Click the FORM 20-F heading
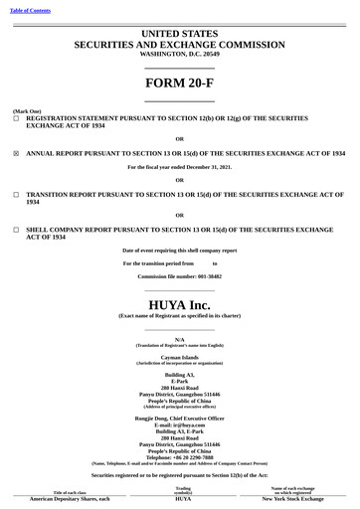click(x=179, y=83)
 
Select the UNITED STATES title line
click(x=179, y=34)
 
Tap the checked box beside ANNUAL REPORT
click(x=16, y=154)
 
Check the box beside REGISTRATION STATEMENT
click(x=16, y=117)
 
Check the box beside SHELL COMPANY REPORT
click(x=16, y=229)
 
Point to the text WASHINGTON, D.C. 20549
click(x=179, y=56)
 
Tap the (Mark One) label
click(x=27, y=110)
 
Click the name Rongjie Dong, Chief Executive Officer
click(x=179, y=419)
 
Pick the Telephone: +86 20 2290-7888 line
click(x=179, y=457)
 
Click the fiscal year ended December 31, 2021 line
click(x=179, y=167)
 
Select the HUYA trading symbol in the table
click(x=183, y=499)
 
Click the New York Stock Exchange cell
click(x=292, y=499)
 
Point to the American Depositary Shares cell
click(x=70, y=499)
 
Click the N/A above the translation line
click(x=179, y=339)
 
